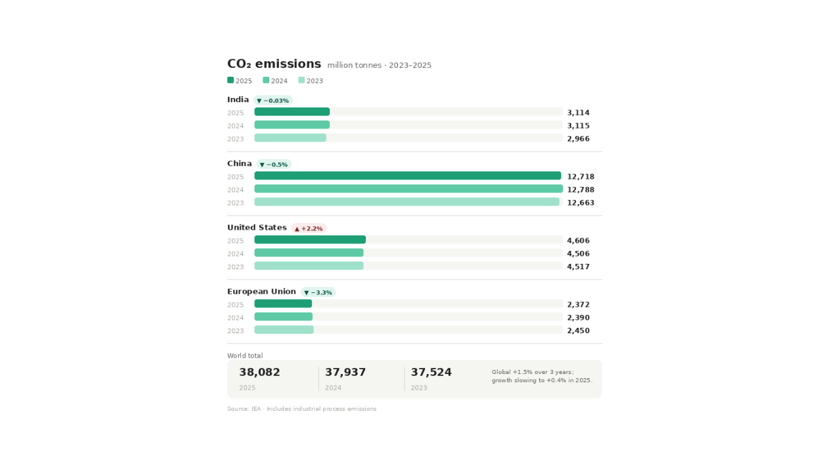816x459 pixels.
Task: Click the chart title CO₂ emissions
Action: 274,64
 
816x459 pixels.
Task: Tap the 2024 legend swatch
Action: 266,80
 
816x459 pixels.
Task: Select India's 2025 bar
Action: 292,112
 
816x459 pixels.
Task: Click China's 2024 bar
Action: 409,189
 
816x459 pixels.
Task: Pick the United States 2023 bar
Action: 309,266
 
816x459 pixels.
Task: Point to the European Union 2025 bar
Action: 283,303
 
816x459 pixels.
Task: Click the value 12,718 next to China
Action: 581,177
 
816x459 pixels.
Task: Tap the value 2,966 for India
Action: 578,139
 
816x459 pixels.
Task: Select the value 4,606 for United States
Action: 578,241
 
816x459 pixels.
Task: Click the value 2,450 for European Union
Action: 578,330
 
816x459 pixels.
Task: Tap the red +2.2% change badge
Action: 309,228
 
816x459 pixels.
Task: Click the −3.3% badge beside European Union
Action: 318,292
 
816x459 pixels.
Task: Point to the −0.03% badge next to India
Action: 273,101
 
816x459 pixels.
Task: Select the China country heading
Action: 239,164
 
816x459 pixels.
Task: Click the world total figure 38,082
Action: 259,373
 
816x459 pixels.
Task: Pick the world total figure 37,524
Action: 431,373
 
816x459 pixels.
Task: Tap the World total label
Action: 245,356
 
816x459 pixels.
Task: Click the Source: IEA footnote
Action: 302,409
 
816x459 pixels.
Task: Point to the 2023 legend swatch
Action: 301,80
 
